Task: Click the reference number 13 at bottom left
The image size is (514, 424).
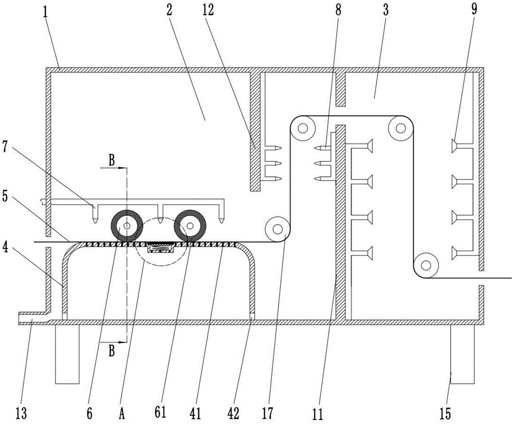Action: pyautogui.click(x=21, y=414)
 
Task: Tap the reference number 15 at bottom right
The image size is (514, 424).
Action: pyautogui.click(x=445, y=414)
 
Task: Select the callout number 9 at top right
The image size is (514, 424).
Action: pyautogui.click(x=474, y=9)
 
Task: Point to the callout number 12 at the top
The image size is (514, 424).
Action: pyautogui.click(x=208, y=10)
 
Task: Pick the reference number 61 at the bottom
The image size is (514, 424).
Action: pyautogui.click(x=160, y=413)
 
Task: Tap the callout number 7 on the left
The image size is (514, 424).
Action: pyautogui.click(x=5, y=147)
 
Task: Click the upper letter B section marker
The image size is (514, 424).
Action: pyautogui.click(x=112, y=160)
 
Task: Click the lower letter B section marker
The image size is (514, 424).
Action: pyautogui.click(x=112, y=351)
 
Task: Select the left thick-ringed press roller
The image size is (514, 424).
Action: pyautogui.click(x=127, y=226)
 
